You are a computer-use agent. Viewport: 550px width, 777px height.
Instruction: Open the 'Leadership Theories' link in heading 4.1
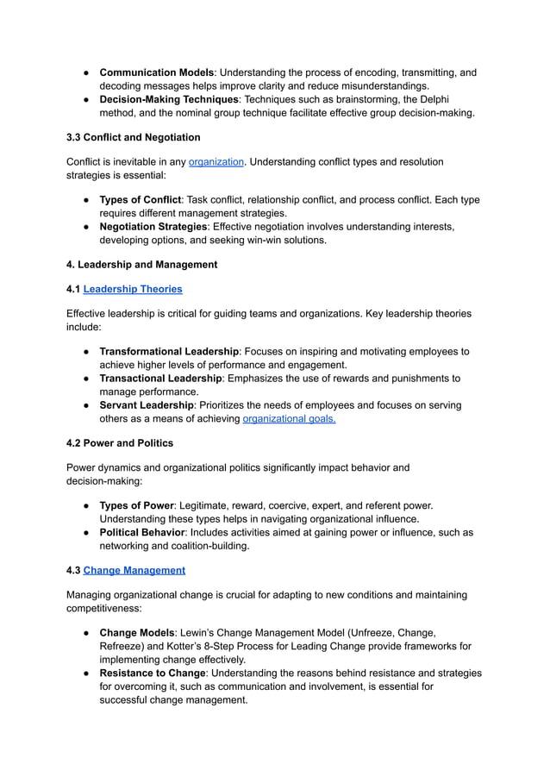pyautogui.click(x=133, y=289)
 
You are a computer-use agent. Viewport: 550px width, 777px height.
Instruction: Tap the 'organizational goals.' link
pyautogui.click(x=289, y=419)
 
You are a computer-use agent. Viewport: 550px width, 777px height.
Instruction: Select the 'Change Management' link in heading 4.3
pyautogui.click(x=134, y=570)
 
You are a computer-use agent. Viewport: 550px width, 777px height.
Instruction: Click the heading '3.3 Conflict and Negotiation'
pyautogui.click(x=134, y=137)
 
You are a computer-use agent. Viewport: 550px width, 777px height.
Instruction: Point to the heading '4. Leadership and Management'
pyautogui.click(x=142, y=265)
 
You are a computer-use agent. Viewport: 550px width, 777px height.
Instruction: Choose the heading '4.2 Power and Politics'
pyautogui.click(x=120, y=443)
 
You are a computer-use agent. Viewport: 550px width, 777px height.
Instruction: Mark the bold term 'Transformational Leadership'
pyautogui.click(x=169, y=352)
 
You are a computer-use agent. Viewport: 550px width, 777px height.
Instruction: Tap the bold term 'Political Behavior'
pyautogui.click(x=142, y=532)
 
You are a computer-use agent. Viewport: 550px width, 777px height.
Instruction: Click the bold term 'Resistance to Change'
pyautogui.click(x=153, y=673)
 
